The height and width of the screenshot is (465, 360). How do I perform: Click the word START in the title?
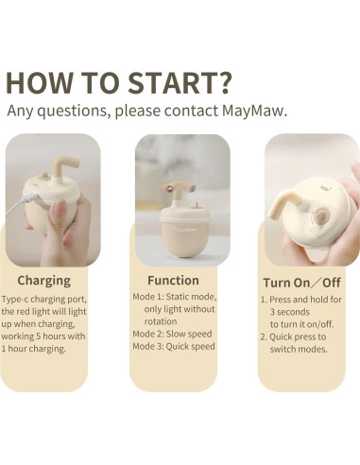click(171, 83)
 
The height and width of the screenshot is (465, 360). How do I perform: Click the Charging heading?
click(43, 281)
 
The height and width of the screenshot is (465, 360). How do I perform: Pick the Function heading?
click(173, 281)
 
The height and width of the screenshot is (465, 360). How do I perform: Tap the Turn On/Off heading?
click(301, 283)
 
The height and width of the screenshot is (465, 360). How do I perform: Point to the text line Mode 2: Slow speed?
click(172, 334)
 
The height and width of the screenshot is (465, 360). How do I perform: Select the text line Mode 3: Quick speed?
click(174, 346)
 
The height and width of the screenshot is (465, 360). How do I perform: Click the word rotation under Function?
click(161, 321)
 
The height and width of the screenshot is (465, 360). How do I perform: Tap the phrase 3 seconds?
click(290, 312)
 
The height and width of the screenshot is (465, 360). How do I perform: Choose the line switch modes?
click(299, 349)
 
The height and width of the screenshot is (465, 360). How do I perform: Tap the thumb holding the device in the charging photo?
click(58, 217)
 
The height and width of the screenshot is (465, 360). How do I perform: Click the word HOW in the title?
click(39, 83)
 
